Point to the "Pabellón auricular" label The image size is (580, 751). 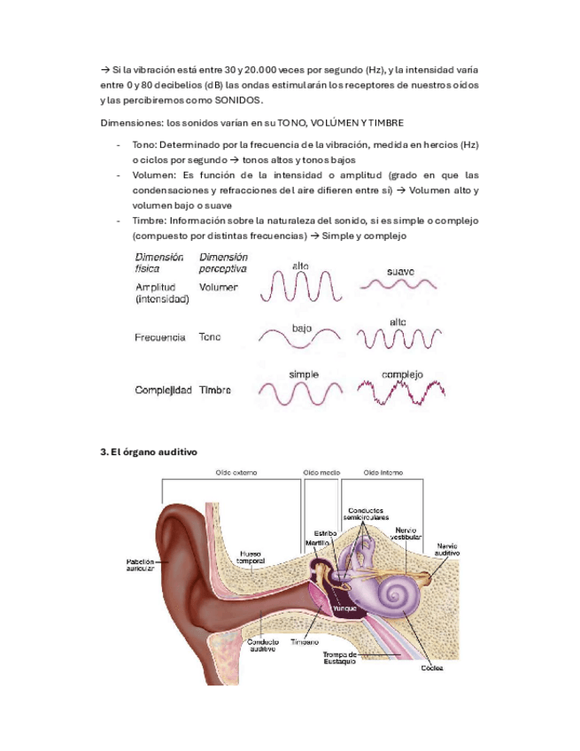140,565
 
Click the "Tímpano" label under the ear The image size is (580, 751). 309,642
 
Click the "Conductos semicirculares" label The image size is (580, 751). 365,514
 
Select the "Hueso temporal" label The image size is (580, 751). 251,558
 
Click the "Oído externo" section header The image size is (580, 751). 236,473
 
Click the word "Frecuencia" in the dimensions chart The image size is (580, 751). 160,337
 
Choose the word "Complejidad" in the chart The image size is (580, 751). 164,391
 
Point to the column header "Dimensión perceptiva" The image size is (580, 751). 222,262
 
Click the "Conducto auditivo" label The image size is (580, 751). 264,644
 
